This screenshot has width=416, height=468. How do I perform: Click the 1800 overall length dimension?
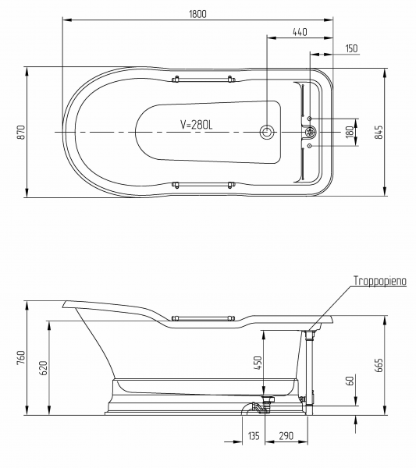[197, 14]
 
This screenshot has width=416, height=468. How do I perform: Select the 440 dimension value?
[300, 32]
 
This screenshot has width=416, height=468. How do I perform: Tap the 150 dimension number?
[351, 48]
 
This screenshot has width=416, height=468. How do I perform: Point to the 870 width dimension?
[22, 132]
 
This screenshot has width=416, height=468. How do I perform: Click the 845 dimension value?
[379, 132]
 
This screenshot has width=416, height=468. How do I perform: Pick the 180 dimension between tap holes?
[350, 132]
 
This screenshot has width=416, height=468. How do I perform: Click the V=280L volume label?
[197, 125]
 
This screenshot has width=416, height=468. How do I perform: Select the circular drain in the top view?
[266, 132]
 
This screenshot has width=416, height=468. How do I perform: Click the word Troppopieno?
[380, 281]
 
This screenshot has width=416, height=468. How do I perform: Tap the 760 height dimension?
[22, 357]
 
